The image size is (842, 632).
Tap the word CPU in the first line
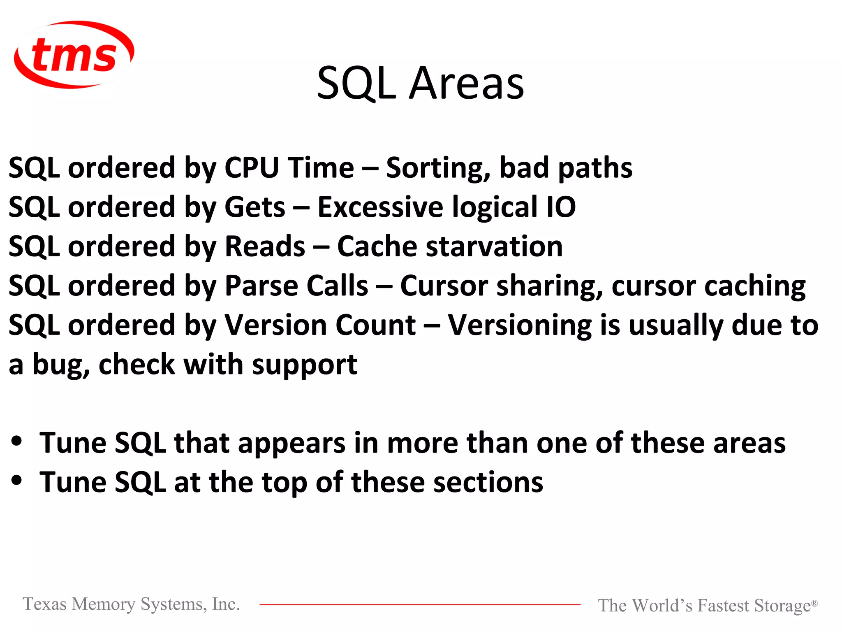[x=252, y=168]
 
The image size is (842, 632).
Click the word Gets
[x=254, y=207]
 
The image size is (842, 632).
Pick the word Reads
[x=265, y=246]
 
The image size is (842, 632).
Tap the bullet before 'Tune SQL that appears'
[x=17, y=441]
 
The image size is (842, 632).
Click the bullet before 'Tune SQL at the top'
[x=17, y=480]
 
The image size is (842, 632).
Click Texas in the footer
[x=44, y=604]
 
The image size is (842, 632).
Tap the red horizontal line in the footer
[x=419, y=604]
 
